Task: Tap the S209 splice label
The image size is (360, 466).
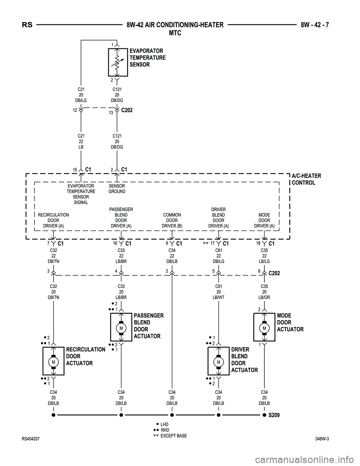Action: pos(274,415)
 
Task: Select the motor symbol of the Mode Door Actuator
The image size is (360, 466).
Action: pos(264,328)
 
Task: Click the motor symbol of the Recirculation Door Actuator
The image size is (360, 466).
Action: pos(54,362)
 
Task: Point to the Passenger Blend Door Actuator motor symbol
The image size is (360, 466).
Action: pos(121,328)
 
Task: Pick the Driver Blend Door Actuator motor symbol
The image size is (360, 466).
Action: pos(218,362)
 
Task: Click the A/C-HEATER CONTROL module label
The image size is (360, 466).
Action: pos(306,179)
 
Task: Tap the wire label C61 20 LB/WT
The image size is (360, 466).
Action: pos(218,292)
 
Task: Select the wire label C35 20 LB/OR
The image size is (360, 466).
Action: pos(264,292)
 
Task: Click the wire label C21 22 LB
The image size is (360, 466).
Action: pos(81,141)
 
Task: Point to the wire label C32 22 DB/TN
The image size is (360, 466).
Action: pos(54,256)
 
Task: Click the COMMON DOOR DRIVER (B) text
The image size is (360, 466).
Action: pos(172,220)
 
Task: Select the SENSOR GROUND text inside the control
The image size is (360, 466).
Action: pos(117,189)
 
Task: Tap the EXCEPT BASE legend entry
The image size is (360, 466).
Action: pos(173,436)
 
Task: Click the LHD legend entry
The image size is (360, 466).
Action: pos(164,424)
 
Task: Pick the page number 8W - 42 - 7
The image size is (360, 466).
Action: pos(317,25)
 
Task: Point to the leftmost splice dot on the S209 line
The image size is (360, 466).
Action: pos(54,415)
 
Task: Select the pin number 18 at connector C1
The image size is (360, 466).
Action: pos(258,244)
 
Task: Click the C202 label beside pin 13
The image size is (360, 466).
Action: pos(127,110)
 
